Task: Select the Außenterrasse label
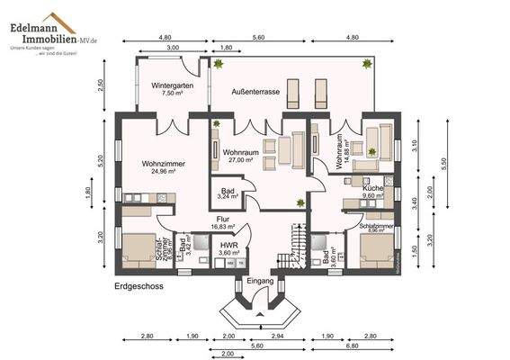255,92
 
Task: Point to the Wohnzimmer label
163,167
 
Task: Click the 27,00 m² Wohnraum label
241,157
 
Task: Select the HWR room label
229,249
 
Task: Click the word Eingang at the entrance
259,282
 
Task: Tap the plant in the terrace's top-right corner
367,63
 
